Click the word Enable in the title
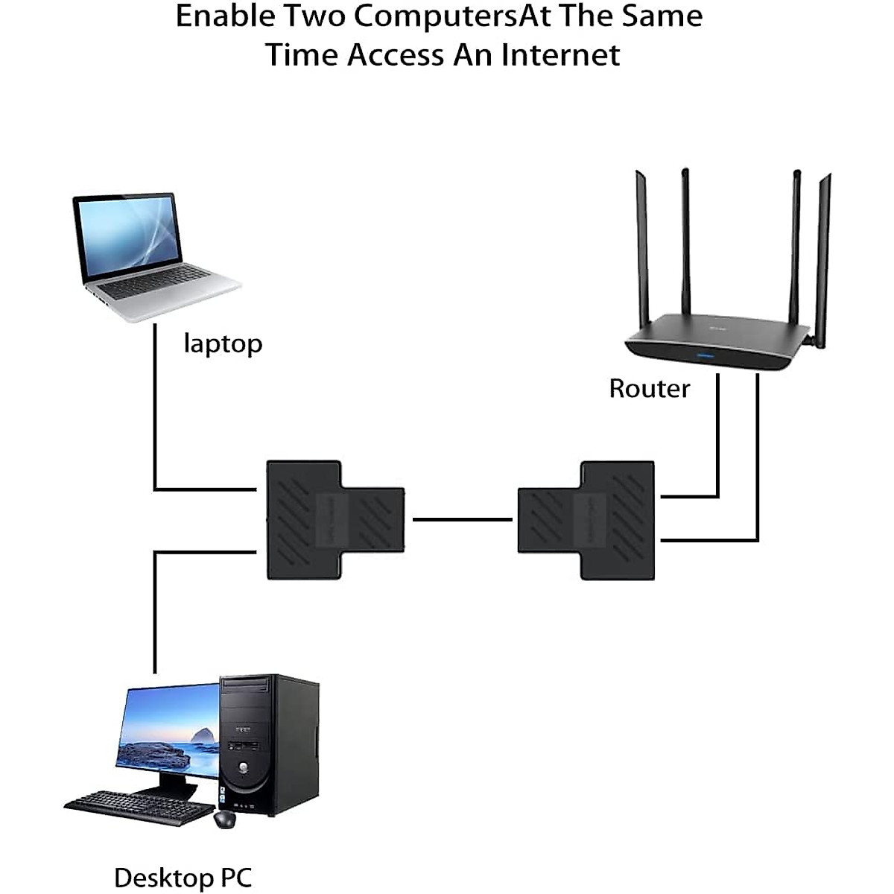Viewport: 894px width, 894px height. (226, 16)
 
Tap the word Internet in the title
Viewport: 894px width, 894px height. (560, 55)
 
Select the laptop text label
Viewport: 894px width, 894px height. (223, 345)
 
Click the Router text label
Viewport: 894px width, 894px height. (650, 389)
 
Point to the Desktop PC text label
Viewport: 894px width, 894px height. (183, 878)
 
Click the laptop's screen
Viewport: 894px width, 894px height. (128, 237)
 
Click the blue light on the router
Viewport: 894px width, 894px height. (704, 356)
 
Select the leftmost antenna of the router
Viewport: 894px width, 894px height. (642, 249)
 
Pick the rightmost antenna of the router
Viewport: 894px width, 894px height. (823, 260)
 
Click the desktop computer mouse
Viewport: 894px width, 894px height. (225, 819)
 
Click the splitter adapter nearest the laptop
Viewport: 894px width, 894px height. (335, 519)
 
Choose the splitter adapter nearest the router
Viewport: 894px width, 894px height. (586, 520)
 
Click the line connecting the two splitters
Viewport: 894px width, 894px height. (462, 519)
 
